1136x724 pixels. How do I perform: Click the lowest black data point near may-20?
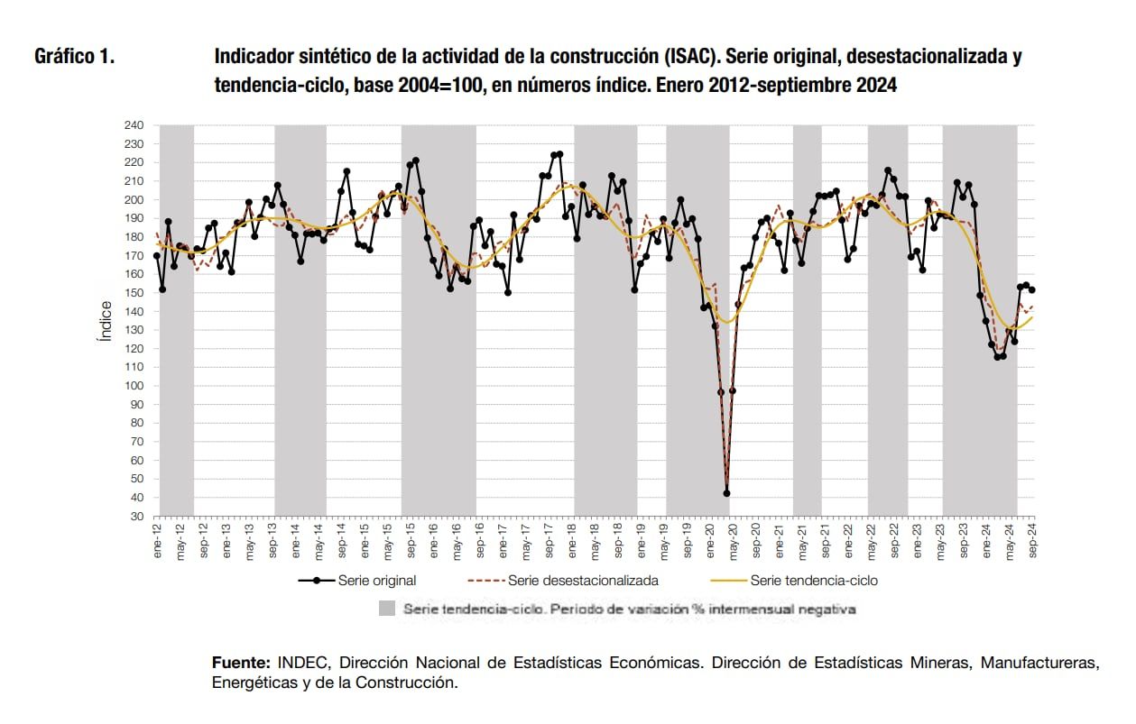point(726,493)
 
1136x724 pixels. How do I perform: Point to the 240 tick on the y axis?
point(135,125)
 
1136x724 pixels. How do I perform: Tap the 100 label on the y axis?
point(135,386)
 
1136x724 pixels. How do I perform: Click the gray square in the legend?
point(387,609)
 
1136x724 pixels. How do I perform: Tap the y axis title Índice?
point(104,321)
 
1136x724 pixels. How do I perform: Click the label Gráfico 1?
point(74,57)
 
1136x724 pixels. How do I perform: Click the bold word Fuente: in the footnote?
point(241,663)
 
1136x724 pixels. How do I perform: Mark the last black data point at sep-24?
point(1032,289)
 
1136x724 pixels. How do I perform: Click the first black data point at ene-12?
point(157,256)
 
